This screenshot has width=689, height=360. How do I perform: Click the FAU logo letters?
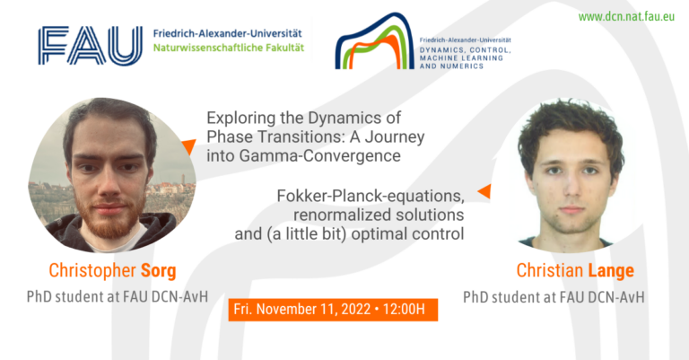(x=90, y=46)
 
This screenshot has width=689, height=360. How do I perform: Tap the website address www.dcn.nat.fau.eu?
(x=626, y=17)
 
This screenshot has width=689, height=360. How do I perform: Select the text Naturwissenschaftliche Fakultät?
(x=229, y=48)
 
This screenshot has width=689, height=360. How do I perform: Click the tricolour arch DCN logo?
(x=375, y=41)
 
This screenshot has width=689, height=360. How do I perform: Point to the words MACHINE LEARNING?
(x=461, y=58)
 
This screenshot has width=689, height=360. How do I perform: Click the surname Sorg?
(x=158, y=271)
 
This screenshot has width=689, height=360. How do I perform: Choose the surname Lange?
(x=611, y=271)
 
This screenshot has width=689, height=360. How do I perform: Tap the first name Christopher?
(x=92, y=271)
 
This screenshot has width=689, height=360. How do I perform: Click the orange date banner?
(x=333, y=310)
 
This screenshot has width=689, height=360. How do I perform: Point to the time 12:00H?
(x=404, y=310)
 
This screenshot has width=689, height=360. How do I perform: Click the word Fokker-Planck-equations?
(x=371, y=196)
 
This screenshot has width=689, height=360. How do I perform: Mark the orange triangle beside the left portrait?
(x=189, y=146)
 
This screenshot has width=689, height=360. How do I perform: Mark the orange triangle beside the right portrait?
(x=484, y=191)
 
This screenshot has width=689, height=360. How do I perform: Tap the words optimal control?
(x=407, y=233)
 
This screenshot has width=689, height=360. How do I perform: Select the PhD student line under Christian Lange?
(x=554, y=297)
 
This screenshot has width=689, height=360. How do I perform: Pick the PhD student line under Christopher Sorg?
(x=118, y=296)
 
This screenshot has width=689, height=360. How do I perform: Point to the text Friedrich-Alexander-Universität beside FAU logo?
(x=228, y=33)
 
